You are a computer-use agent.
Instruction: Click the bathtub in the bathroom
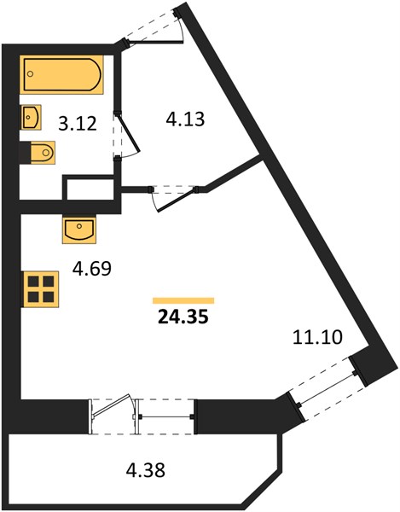61,74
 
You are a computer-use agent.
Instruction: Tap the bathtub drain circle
31,73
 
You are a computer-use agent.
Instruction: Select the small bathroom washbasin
31,117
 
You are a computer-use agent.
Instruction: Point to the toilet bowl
43,153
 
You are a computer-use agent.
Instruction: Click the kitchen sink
79,230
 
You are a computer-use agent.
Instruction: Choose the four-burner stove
40,289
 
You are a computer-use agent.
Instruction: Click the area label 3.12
78,124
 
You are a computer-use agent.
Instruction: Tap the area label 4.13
185,119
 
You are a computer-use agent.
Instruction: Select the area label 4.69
92,269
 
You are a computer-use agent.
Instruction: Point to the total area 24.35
183,317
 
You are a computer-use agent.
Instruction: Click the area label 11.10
317,337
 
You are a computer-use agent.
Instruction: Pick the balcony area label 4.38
146,470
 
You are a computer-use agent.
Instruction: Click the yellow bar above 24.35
183,300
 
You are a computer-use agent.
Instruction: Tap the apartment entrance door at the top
154,41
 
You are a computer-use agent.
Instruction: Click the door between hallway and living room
177,200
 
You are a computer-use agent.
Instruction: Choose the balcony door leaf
111,405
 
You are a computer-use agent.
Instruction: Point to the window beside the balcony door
165,416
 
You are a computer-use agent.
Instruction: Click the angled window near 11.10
327,388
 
